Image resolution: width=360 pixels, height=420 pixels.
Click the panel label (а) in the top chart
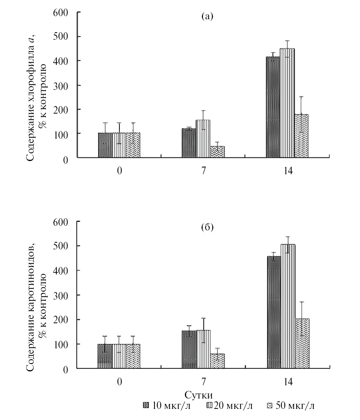click(x=207, y=16)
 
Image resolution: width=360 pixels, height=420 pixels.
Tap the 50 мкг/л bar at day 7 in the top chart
click(x=217, y=152)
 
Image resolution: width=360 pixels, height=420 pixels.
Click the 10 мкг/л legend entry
click(x=166, y=406)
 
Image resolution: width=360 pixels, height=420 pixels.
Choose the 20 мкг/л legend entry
click(x=229, y=406)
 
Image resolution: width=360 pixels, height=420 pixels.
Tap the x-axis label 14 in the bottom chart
click(x=288, y=382)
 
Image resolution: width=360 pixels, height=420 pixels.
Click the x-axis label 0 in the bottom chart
click(x=119, y=382)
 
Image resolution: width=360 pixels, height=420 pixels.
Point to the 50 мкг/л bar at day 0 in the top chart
click(x=133, y=145)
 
